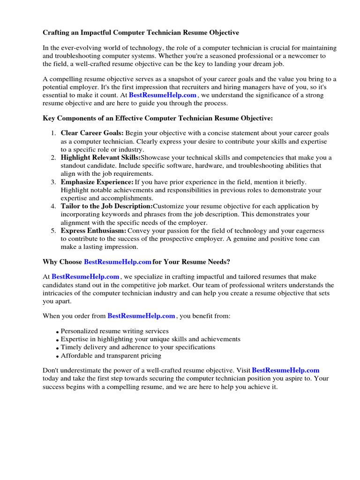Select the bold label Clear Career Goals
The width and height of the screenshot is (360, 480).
[92, 133]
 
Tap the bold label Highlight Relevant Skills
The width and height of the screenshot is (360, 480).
[100, 157]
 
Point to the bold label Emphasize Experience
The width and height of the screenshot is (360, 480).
[97, 182]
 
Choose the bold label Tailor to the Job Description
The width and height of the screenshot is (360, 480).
[106, 206]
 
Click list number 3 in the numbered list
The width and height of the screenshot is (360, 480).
[53, 182]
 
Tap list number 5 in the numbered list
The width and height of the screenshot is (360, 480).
[53, 231]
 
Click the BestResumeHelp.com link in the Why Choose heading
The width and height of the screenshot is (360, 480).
[118, 262]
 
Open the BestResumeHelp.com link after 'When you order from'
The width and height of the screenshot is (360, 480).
[141, 316]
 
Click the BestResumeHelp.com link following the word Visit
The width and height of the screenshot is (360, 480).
[285, 370]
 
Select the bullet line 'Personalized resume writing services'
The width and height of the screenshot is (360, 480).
[115, 331]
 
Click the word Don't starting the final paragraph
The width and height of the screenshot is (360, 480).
[51, 370]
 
